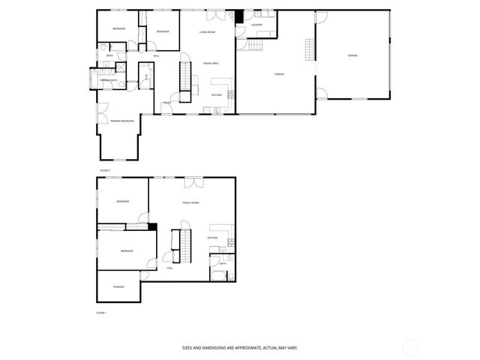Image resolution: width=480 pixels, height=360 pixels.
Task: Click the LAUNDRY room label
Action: [x=256, y=25]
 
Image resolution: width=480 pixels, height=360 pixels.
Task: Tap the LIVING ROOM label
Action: [x=208, y=32]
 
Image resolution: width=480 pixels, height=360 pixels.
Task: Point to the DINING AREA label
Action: [x=211, y=64]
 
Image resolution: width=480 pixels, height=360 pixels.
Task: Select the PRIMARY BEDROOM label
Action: [x=122, y=121]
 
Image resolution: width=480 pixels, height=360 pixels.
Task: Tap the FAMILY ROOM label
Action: [x=190, y=203]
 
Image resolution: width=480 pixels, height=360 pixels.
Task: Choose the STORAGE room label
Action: [x=118, y=286]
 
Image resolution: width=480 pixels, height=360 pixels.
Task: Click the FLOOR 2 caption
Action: [x=104, y=171]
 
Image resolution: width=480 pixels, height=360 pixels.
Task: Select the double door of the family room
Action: [x=193, y=181]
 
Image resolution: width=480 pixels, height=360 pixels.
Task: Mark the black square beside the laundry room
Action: [x=239, y=16]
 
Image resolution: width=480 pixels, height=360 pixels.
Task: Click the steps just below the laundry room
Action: [x=255, y=45]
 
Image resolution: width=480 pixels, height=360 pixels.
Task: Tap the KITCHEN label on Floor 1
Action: [x=212, y=238]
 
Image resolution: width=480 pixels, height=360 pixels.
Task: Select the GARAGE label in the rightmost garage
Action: [x=352, y=56]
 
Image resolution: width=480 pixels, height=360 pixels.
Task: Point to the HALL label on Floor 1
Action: [x=170, y=267]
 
